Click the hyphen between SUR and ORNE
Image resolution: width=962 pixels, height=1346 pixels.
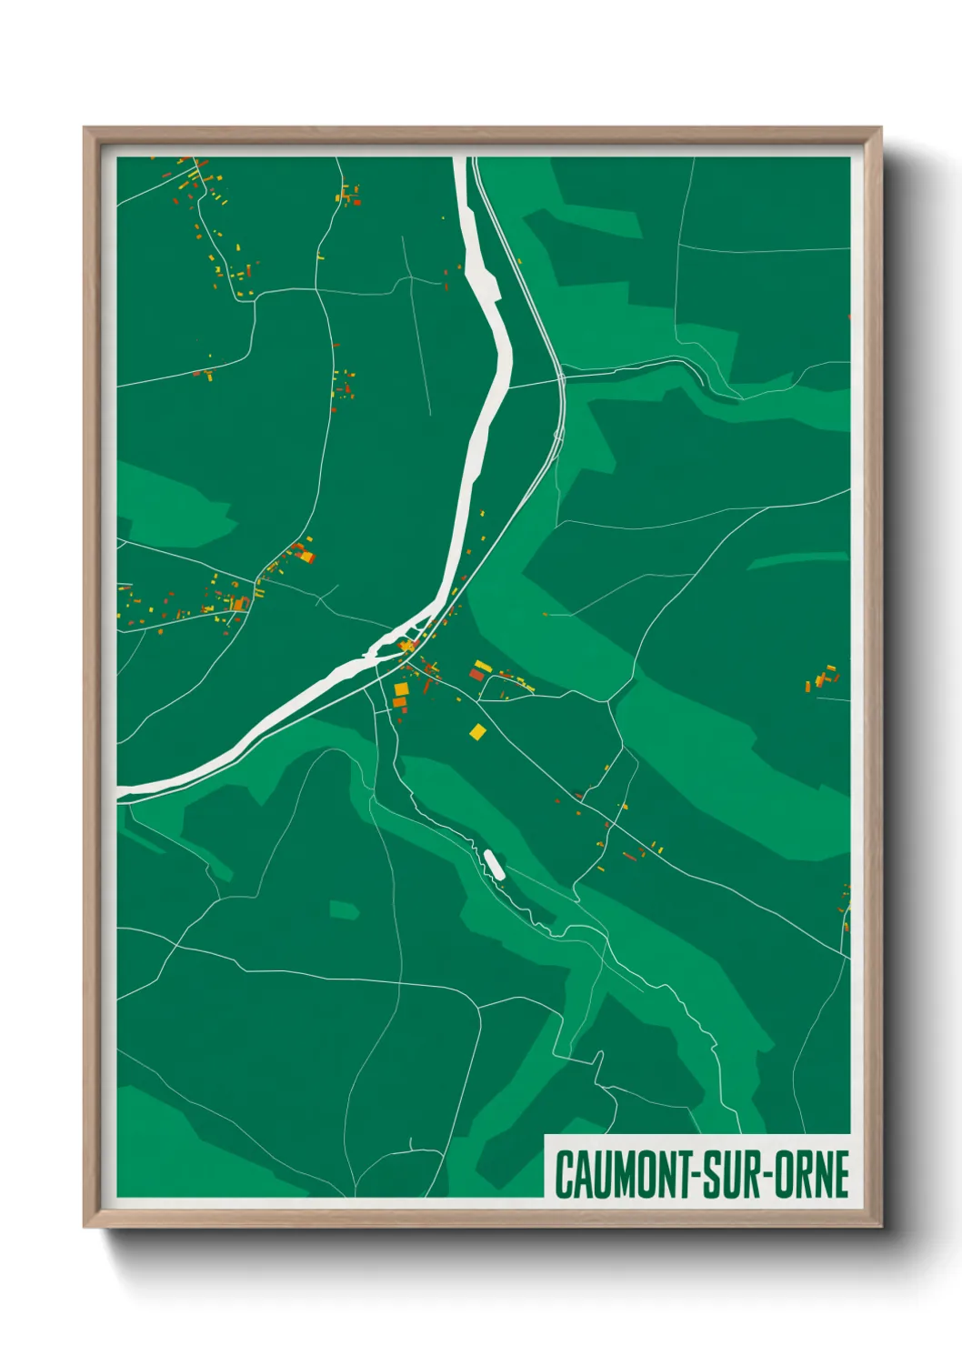pyautogui.click(x=775, y=1175)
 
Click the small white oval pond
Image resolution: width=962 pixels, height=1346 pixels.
pyautogui.click(x=495, y=864)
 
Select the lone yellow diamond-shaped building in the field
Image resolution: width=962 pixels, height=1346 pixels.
pyautogui.click(x=477, y=730)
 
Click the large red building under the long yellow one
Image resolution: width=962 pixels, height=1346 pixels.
pyautogui.click(x=476, y=675)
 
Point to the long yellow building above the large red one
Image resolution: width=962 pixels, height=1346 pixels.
pyautogui.click(x=483, y=667)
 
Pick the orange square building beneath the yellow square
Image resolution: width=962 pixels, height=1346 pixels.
pyautogui.click(x=399, y=702)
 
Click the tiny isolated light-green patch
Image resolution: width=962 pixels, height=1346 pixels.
pyautogui.click(x=344, y=909)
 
